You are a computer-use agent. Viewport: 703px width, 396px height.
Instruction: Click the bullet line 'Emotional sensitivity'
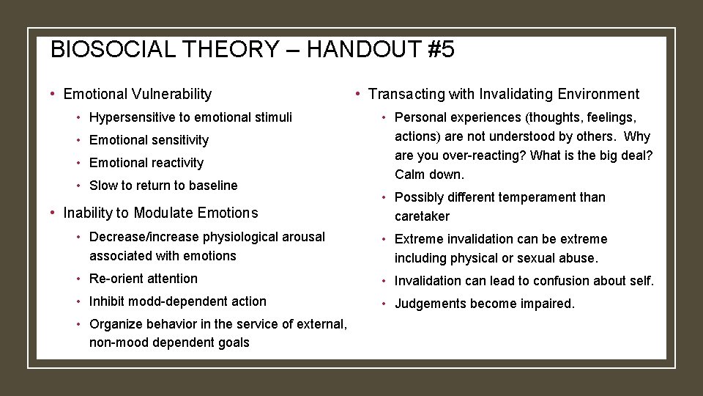coord(149,139)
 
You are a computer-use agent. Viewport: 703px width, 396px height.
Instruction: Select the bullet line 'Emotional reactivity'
coord(146,162)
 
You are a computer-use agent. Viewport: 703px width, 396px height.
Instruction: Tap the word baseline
coord(212,185)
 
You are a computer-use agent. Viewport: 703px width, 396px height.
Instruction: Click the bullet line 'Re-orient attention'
coord(144,279)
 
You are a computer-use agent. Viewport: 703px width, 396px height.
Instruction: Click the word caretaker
coord(422,216)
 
